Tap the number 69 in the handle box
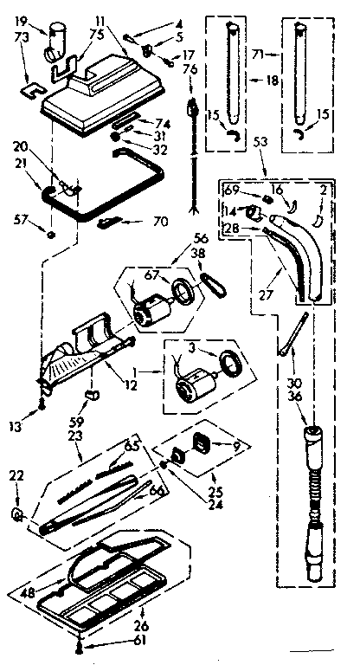pyautogui.click(x=231, y=188)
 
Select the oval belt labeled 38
pyautogui.click(x=210, y=281)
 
